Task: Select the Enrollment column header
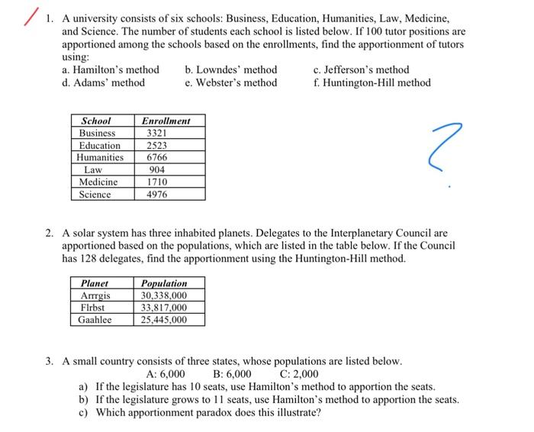pos(166,121)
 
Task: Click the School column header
pos(96,121)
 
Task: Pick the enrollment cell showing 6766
pos(156,157)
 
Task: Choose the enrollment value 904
pos(156,169)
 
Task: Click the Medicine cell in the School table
pos(99,182)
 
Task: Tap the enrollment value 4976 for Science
pos(156,194)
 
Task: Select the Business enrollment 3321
pos(156,133)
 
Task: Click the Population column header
pos(163,283)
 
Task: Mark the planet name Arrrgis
pos(95,295)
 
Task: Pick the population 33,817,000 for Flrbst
pos(163,308)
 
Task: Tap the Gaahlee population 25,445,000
pos(163,320)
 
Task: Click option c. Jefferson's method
pos(361,69)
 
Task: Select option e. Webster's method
pos(231,82)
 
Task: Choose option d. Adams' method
pos(103,82)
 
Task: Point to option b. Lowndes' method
pos(231,69)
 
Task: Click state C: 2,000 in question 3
pos(299,374)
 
